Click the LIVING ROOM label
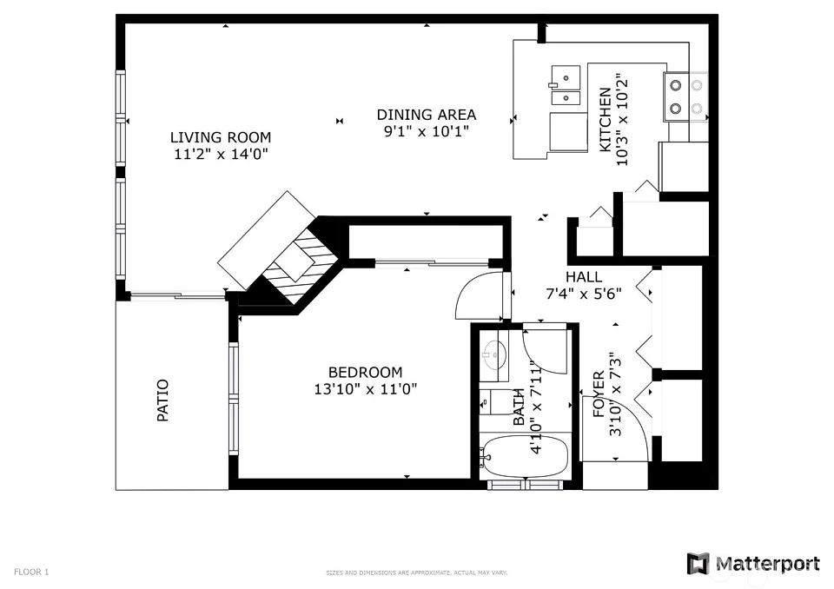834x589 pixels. (x=220, y=137)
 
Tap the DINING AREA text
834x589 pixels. (x=426, y=115)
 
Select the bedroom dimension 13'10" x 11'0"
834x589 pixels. (x=365, y=389)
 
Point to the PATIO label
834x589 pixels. (x=162, y=400)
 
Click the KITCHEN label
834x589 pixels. (x=606, y=120)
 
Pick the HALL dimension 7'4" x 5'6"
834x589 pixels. (x=584, y=294)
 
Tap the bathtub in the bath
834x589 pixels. (x=524, y=456)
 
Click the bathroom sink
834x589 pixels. (x=493, y=354)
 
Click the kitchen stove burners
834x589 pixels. (x=685, y=96)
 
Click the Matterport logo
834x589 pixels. (x=752, y=564)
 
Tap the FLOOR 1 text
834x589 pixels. (x=31, y=572)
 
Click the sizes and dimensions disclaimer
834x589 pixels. (x=416, y=573)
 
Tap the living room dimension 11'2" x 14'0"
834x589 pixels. (x=220, y=155)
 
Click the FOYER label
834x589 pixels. (x=599, y=394)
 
